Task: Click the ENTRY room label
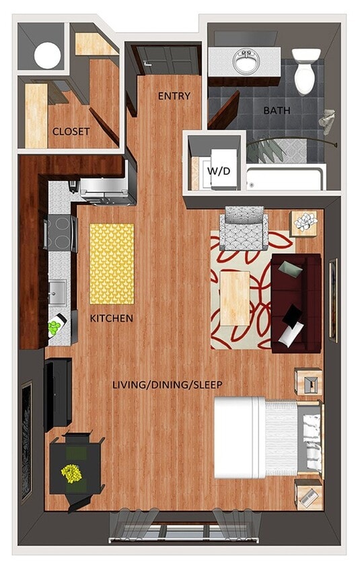point(174,96)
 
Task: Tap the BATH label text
point(277,110)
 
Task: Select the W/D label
point(217,170)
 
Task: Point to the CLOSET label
point(71,131)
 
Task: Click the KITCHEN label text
point(111,318)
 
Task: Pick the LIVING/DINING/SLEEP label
point(167,384)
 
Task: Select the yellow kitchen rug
point(112,263)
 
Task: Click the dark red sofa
point(296,302)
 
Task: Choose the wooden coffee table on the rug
point(236,296)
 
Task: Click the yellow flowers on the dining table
point(71,474)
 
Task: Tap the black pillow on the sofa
point(293,314)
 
